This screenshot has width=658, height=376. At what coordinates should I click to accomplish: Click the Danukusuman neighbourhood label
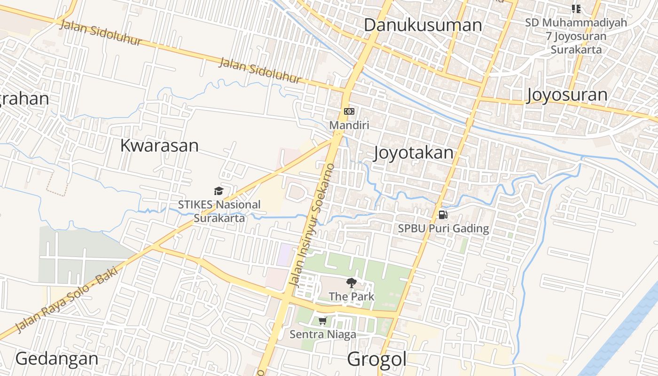(423, 25)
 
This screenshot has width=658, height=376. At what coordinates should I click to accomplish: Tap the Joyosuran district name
(567, 94)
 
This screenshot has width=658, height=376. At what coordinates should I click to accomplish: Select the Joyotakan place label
(414, 153)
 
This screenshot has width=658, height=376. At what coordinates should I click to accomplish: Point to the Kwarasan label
(159, 145)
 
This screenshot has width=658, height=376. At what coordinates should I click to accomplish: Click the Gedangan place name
(57, 359)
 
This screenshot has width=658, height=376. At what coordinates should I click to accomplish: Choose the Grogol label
(376, 360)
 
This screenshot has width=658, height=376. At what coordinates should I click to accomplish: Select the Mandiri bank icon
(349, 111)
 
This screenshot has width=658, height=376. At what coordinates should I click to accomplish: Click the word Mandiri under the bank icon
(349, 125)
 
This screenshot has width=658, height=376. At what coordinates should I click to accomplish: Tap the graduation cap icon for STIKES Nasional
(219, 191)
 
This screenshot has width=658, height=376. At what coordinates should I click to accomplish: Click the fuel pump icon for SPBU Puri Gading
(443, 215)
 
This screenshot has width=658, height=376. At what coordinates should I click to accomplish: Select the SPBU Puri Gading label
(443, 229)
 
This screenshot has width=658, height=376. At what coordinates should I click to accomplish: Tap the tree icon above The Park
(351, 282)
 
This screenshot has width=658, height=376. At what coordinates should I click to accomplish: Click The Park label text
(352, 297)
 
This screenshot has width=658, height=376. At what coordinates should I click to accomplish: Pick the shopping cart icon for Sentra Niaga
(322, 321)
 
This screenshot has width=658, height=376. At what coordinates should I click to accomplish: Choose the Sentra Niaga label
(322, 335)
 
